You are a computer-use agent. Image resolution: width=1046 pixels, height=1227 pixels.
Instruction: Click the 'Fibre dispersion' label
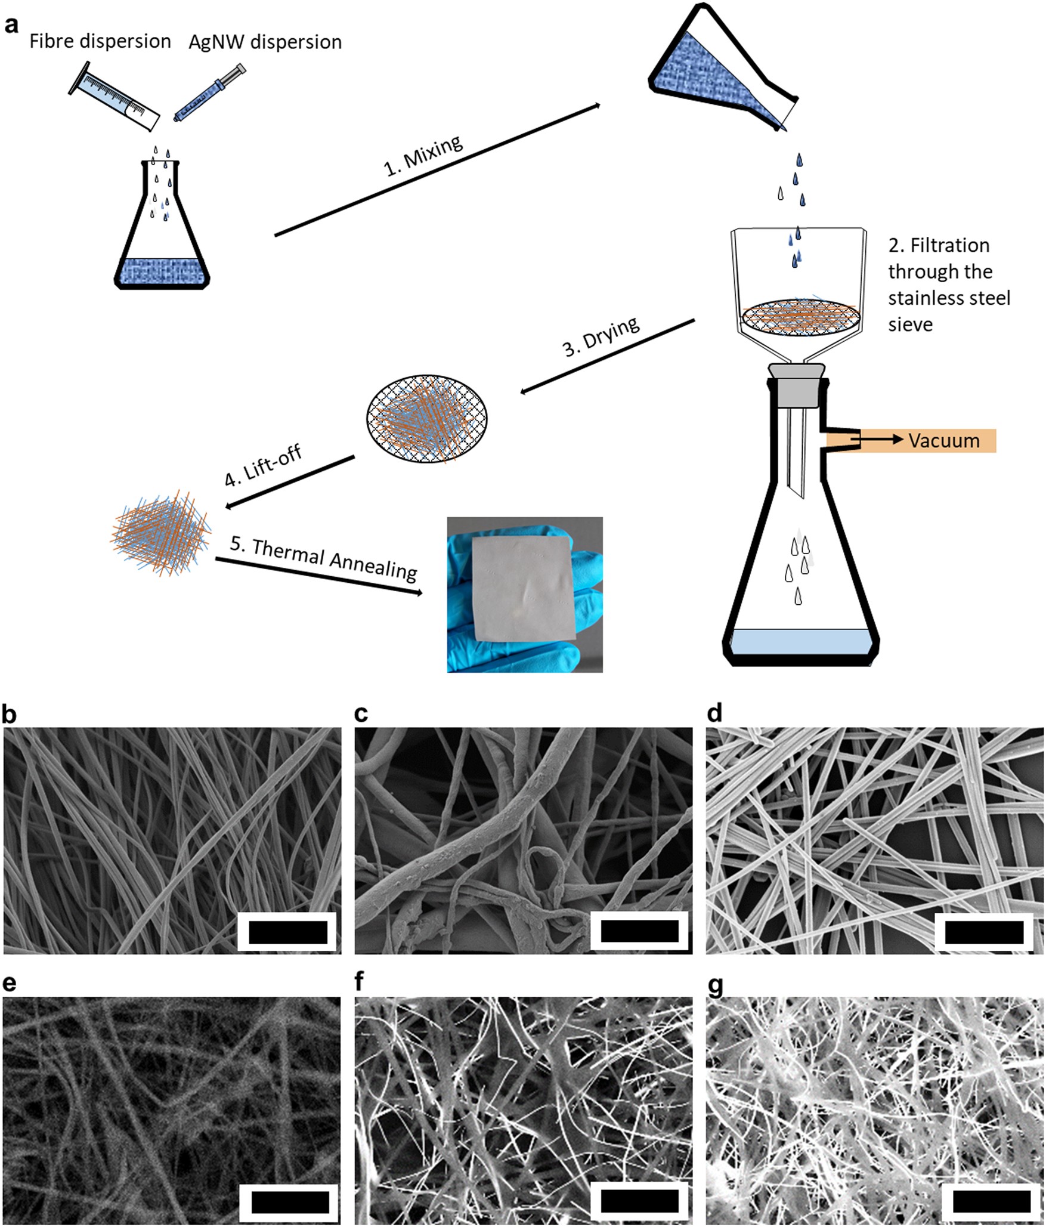pos(100,41)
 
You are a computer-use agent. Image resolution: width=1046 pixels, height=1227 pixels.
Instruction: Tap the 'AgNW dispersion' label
pos(265,42)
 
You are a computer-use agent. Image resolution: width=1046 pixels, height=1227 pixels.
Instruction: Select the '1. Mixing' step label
pos(423,156)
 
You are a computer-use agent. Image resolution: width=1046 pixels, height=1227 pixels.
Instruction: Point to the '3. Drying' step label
pos(601,336)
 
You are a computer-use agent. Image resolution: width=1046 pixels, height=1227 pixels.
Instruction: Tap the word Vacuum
pos(943,441)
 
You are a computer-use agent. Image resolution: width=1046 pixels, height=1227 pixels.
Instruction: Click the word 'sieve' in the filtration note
pos(910,324)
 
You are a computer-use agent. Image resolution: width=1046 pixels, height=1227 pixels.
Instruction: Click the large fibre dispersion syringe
pos(114,96)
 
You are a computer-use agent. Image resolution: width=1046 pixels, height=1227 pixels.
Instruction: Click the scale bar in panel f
pos(639,1201)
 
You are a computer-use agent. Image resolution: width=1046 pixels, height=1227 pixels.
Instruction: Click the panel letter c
pos(361,714)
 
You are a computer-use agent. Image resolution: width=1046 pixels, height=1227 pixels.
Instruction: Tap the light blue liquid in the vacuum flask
pos(800,641)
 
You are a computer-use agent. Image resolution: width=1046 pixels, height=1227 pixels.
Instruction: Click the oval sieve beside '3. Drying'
pos(427,419)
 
